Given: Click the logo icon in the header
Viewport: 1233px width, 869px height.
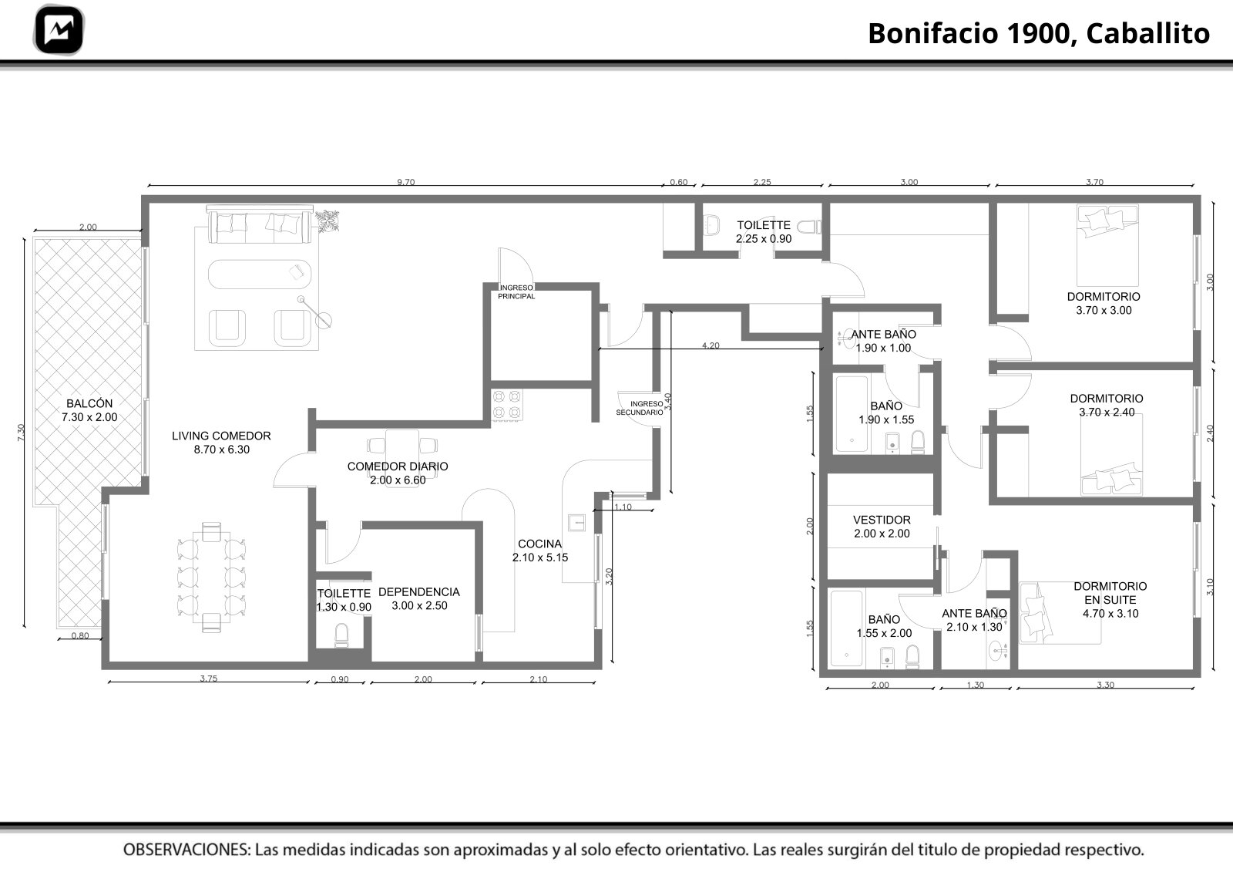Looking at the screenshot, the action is click(59, 30).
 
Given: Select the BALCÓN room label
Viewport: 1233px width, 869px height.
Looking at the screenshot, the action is click(89, 410).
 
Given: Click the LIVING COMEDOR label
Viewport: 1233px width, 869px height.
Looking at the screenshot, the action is click(221, 443).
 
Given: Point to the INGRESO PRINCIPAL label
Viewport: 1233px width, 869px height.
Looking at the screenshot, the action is click(516, 292).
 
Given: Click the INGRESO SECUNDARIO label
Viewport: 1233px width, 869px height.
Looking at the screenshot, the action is click(640, 408).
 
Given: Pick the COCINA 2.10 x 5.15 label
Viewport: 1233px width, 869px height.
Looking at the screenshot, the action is click(540, 551).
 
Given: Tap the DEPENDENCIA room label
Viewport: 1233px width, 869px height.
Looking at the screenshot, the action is click(419, 598).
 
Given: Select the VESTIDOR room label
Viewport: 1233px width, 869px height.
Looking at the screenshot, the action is click(882, 527).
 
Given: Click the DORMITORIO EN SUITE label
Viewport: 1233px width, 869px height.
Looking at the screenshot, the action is click(1110, 600).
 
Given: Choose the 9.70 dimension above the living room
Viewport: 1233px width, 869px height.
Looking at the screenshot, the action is click(405, 182).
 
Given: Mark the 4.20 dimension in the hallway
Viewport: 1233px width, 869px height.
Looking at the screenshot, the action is click(711, 345).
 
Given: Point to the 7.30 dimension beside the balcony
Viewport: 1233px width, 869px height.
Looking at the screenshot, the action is click(21, 432).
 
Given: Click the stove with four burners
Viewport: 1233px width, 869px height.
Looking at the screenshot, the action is click(506, 405).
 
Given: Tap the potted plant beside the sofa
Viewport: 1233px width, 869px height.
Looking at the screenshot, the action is click(328, 221).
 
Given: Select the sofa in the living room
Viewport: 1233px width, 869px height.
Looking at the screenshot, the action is click(260, 224).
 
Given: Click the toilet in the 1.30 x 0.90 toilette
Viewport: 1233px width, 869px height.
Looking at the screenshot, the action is click(341, 635).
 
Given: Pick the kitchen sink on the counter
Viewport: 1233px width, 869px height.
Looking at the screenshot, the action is click(577, 522).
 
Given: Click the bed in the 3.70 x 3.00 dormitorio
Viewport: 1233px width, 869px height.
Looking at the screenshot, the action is click(1107, 245).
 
